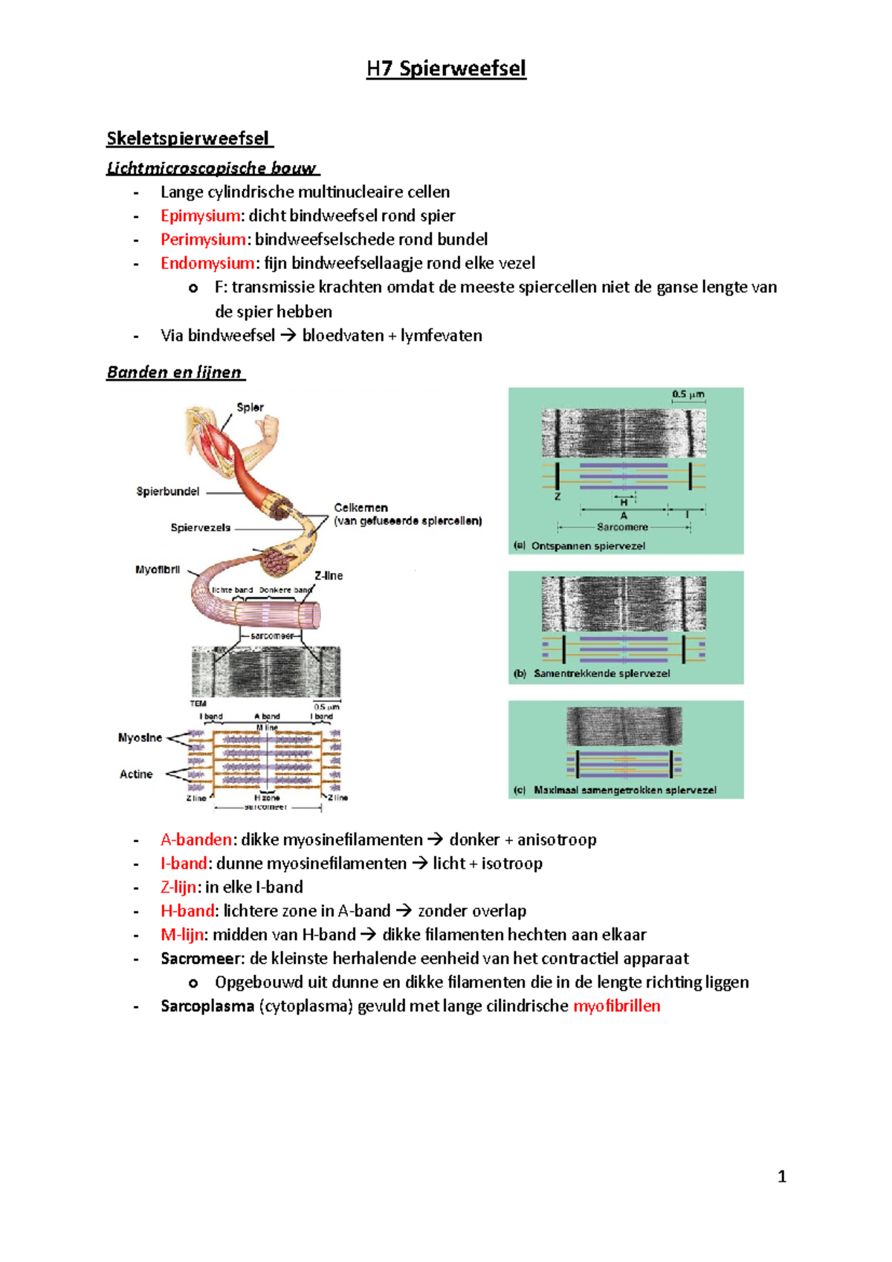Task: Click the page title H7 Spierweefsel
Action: pyautogui.click(x=446, y=69)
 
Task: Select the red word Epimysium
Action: pyautogui.click(x=200, y=216)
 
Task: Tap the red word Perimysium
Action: pyautogui.click(x=203, y=239)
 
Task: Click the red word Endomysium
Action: pyautogui.click(x=207, y=263)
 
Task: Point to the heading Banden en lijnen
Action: pyautogui.click(x=174, y=372)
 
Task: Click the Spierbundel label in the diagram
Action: pyautogui.click(x=168, y=491)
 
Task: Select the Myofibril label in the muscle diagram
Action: pyautogui.click(x=158, y=570)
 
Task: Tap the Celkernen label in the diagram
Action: pyautogui.click(x=361, y=508)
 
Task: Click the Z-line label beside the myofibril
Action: pyautogui.click(x=329, y=575)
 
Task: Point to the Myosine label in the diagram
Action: pyautogui.click(x=140, y=738)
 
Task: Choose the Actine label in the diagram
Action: pyautogui.click(x=136, y=774)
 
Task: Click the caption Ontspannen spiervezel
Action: pyautogui.click(x=587, y=546)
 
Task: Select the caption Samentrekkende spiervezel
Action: pyautogui.click(x=601, y=673)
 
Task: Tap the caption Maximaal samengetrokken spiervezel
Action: pyautogui.click(x=624, y=790)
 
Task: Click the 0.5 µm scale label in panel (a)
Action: pyautogui.click(x=688, y=395)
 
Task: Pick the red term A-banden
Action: pyautogui.click(x=196, y=840)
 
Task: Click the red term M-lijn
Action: pyautogui.click(x=181, y=935)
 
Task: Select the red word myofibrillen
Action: pyautogui.click(x=616, y=1006)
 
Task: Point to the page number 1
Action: pyautogui.click(x=781, y=1177)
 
